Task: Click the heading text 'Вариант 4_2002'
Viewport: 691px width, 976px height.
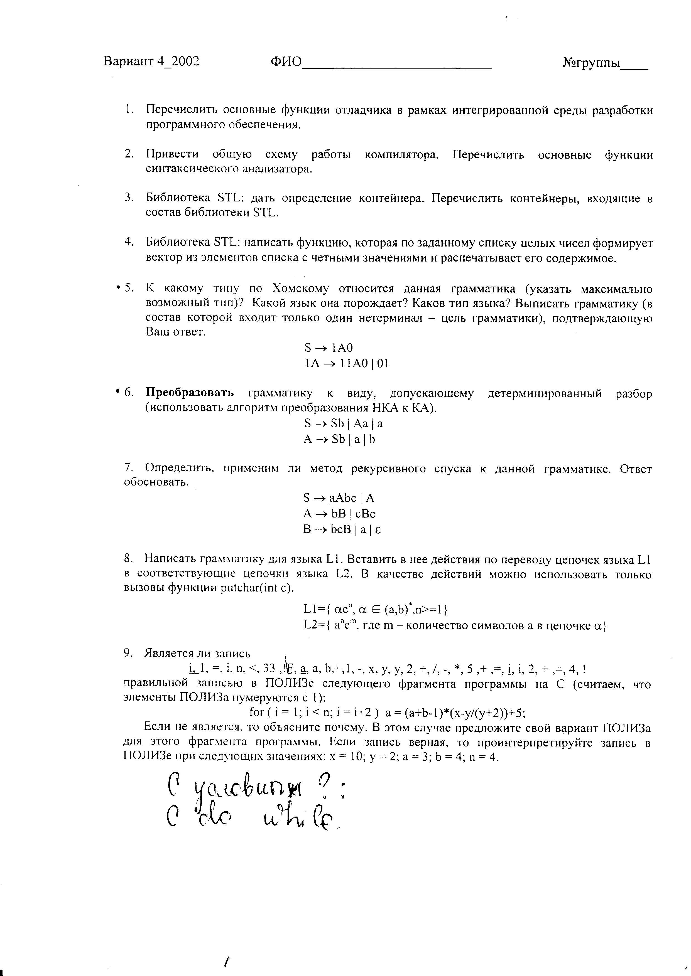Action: point(151,62)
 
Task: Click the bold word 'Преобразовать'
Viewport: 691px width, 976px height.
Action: point(190,393)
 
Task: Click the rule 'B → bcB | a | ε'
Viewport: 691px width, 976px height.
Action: point(342,530)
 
